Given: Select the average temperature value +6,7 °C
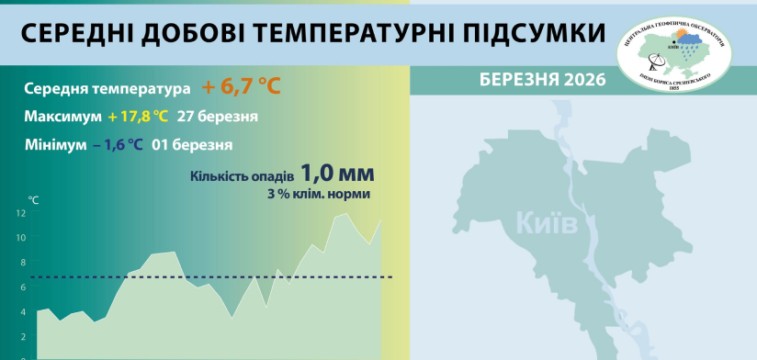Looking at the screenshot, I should (241, 87).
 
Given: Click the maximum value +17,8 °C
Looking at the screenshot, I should (138, 117).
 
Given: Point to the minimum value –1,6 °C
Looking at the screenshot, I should (117, 144).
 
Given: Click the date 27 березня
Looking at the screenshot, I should (218, 117).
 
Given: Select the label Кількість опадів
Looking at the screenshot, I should (242, 176).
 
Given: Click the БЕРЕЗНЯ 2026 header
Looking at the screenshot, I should (542, 79).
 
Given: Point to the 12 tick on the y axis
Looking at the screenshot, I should (21, 213).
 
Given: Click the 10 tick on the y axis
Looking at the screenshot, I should (21, 238).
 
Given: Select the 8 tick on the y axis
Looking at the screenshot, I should (22, 263).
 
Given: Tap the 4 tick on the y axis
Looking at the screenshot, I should (22, 312).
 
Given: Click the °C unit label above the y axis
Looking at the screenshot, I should (33, 198).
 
